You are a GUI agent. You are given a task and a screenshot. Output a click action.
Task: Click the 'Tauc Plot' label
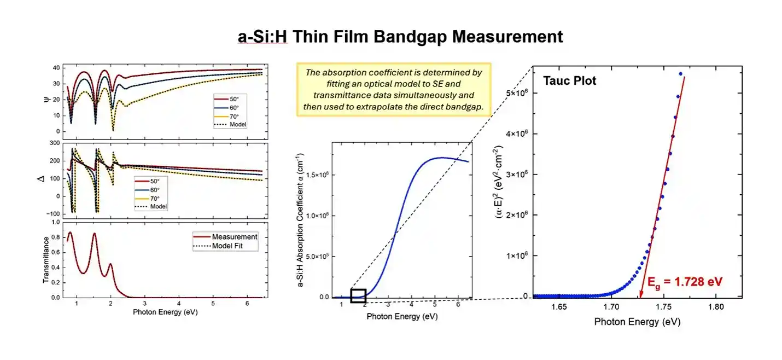(x=569, y=81)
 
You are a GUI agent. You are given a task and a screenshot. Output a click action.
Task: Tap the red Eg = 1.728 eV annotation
(x=685, y=282)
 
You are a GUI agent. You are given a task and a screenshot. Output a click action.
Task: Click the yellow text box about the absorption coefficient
(x=394, y=89)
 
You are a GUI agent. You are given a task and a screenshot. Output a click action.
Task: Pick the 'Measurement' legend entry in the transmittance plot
(x=234, y=237)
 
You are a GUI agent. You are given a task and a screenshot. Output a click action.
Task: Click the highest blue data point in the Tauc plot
(x=680, y=74)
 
